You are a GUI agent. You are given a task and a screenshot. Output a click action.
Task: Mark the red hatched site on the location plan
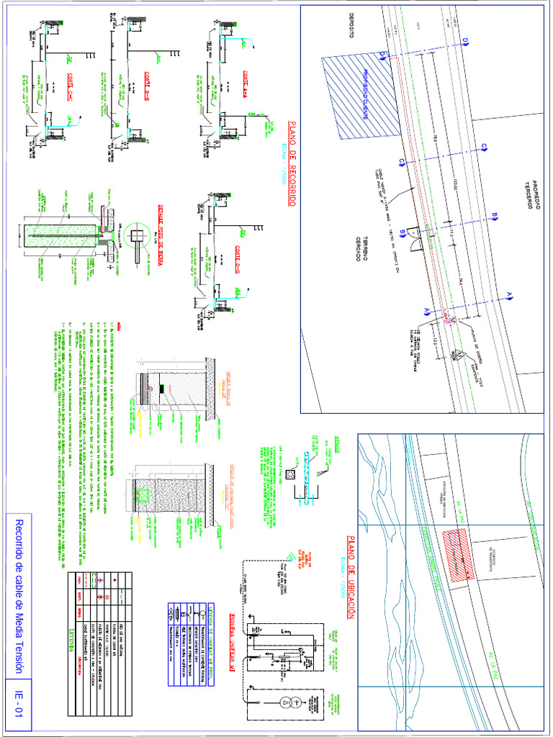pyautogui.click(x=457, y=555)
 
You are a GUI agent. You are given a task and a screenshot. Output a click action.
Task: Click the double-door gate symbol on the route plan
pyautogui.click(x=415, y=237)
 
